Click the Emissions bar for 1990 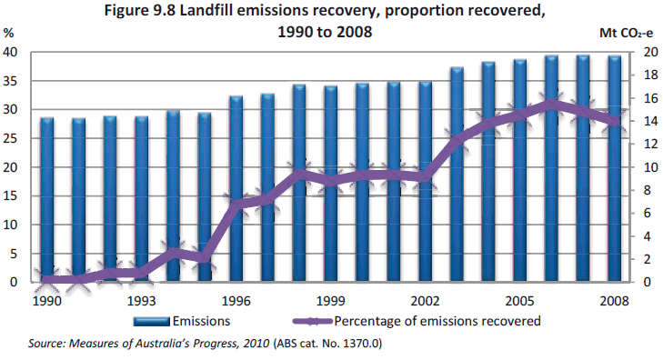pos(47,199)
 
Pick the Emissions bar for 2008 pos(615,168)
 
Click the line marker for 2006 pos(551,104)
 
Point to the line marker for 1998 pos(299,172)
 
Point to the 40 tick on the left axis pos(12,52)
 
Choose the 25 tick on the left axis pos(12,138)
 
